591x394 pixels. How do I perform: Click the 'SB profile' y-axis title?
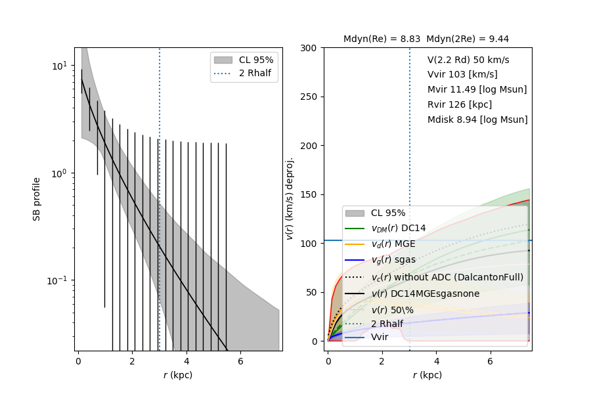pyautogui.click(x=37, y=199)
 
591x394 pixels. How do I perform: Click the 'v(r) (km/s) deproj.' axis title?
pyautogui.click(x=290, y=199)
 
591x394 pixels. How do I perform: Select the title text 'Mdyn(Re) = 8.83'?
pyautogui.click(x=382, y=39)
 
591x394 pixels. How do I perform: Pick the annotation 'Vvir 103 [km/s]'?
pyautogui.click(x=462, y=75)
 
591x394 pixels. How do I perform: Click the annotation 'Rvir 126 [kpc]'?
pyautogui.click(x=460, y=105)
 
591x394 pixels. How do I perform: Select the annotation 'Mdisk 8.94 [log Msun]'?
pyautogui.click(x=477, y=120)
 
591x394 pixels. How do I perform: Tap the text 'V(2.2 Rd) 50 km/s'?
pyautogui.click(x=468, y=60)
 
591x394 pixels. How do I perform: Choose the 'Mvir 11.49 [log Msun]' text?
pyautogui.click(x=477, y=90)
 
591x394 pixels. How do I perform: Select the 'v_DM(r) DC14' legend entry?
pyautogui.click(x=399, y=229)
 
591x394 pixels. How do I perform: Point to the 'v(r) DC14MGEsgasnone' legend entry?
pyautogui.click(x=426, y=293)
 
